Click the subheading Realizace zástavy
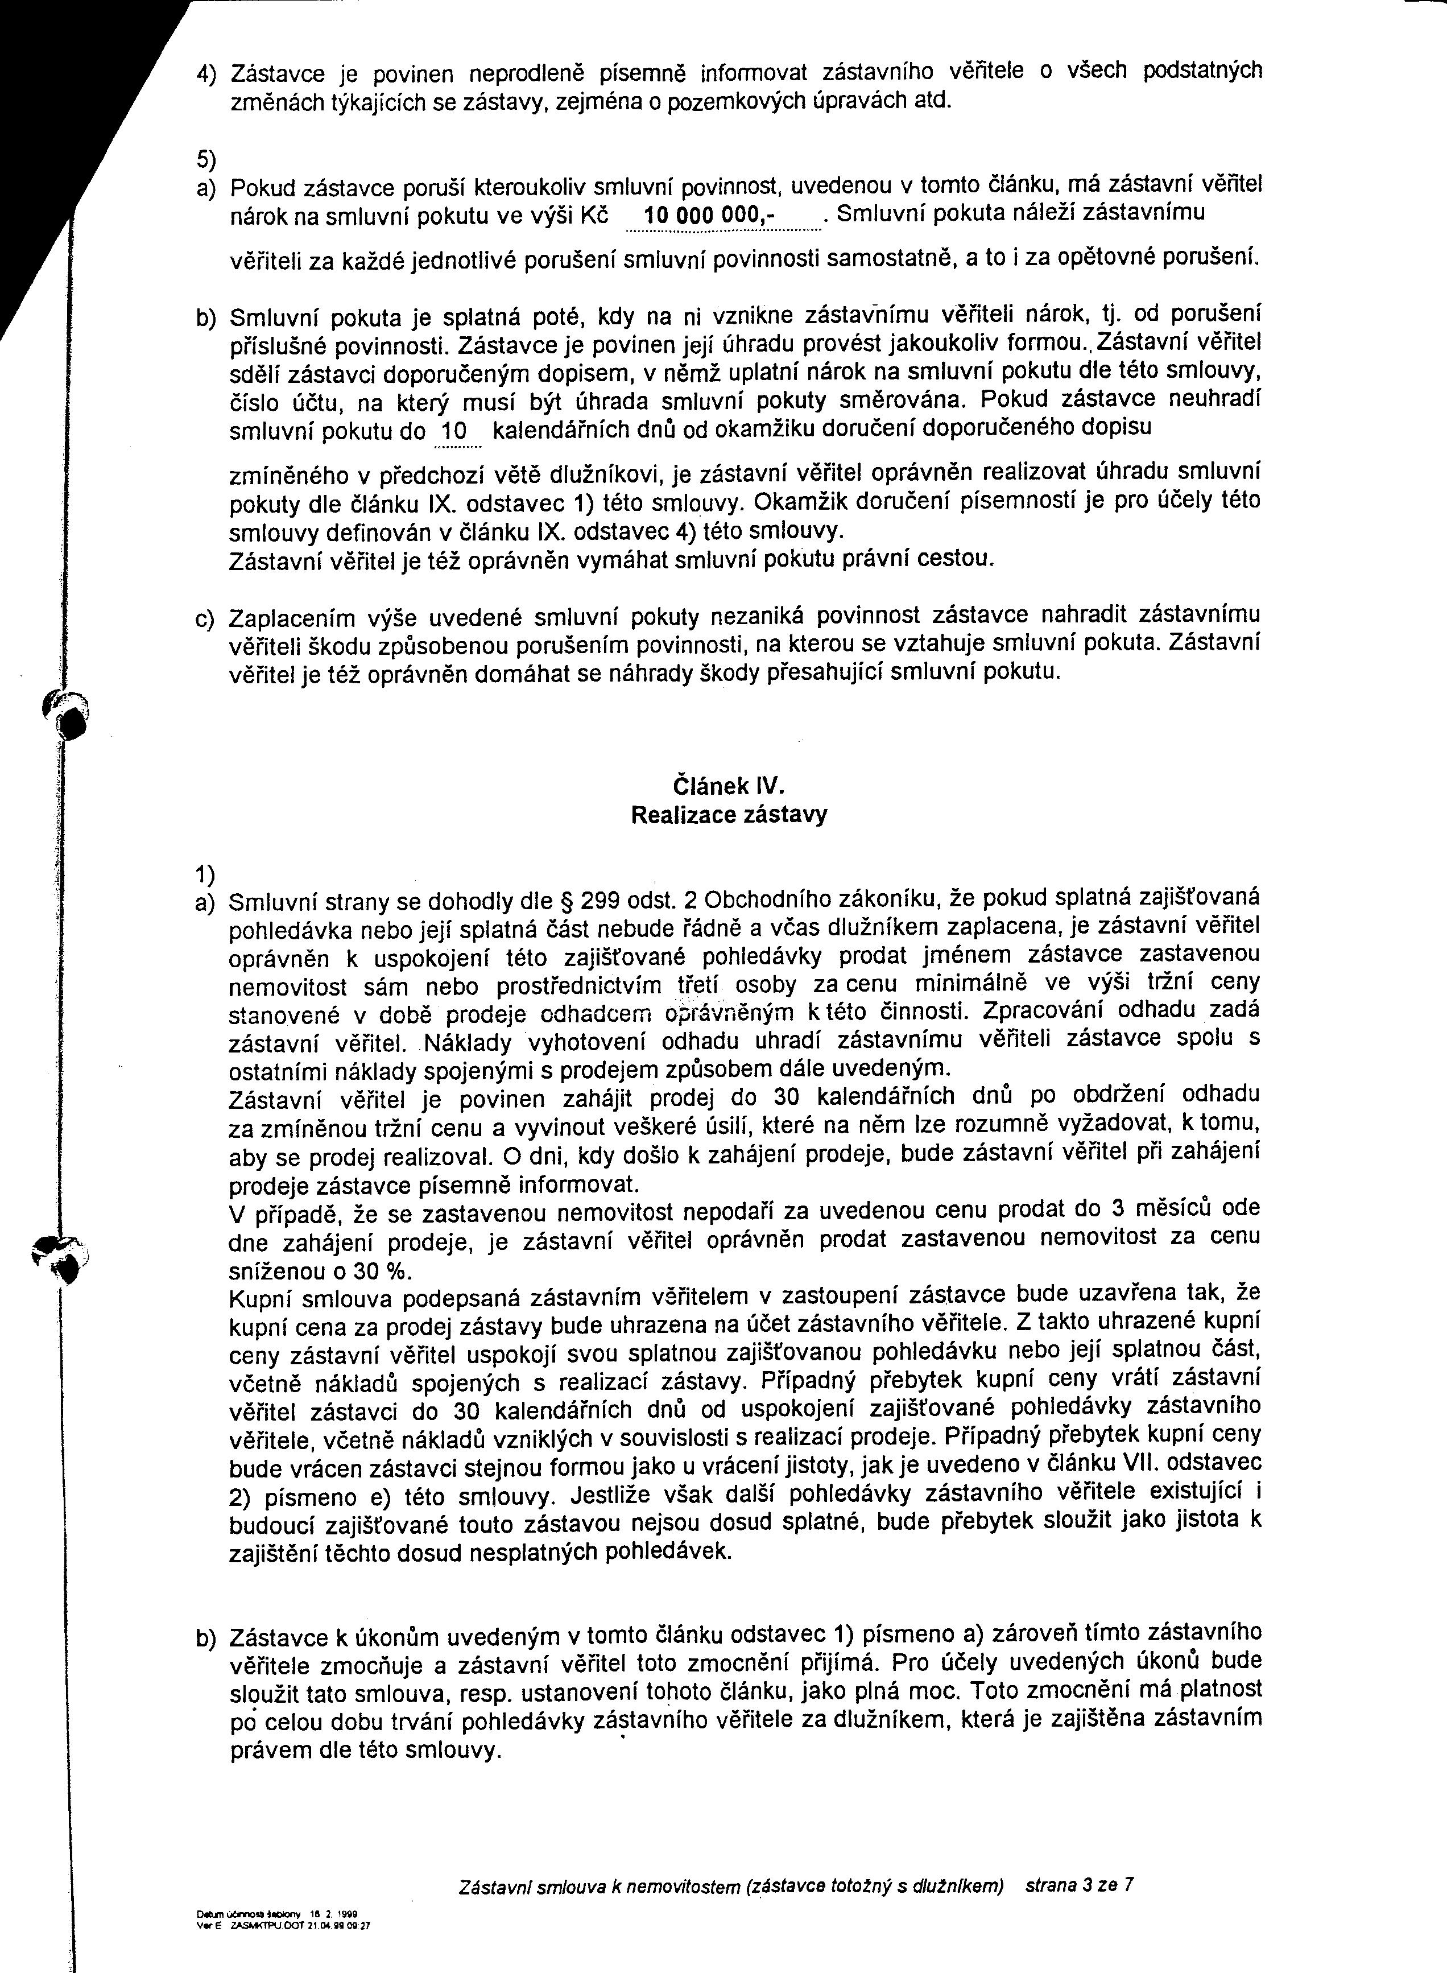(x=729, y=815)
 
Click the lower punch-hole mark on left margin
(x=70, y=1259)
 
